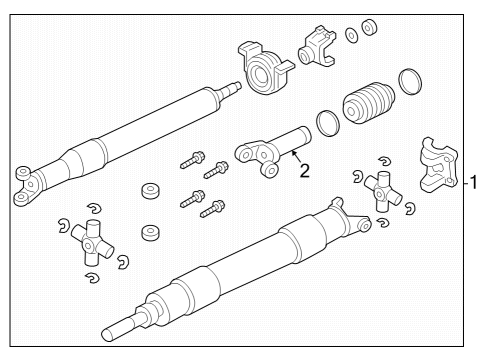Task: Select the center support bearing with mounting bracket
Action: [x=264, y=75]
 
